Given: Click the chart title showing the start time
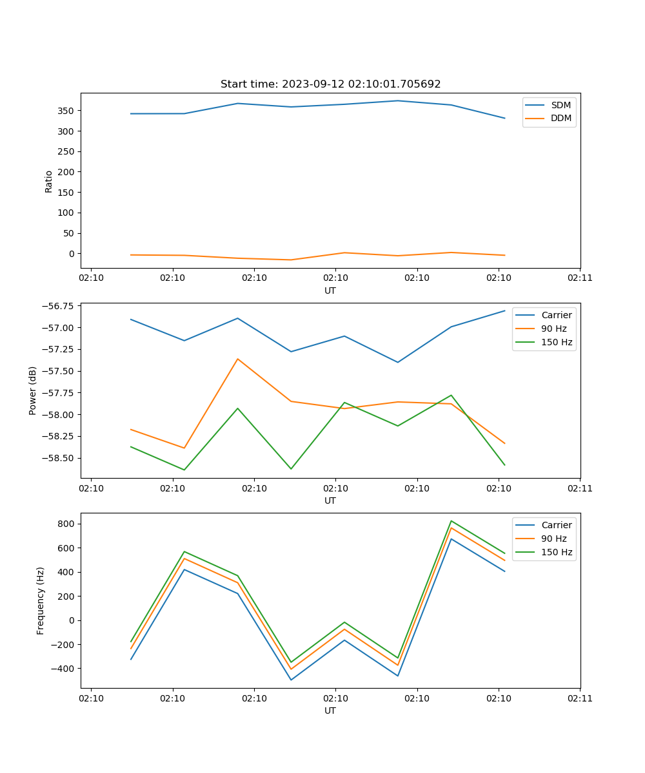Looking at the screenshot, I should (330, 84).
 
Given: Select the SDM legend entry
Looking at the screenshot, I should (561, 105).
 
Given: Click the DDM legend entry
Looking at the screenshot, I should (561, 119).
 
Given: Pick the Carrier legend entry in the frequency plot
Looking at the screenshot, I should (556, 525).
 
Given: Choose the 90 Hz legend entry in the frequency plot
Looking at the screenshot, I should (553, 539).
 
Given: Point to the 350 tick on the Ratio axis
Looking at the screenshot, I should (66, 111).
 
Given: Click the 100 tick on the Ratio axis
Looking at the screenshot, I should (66, 213).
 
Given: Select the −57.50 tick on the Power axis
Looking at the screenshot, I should (56, 371).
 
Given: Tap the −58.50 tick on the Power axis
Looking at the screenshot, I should (56, 458).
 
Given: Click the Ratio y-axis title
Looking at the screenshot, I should (49, 181).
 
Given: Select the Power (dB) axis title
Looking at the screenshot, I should (33, 390).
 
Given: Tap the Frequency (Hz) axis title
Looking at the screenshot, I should (41, 600).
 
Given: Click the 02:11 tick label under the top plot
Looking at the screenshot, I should (580, 278).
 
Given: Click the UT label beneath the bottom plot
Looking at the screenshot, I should (330, 711).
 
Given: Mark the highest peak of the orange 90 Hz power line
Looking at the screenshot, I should (237, 359).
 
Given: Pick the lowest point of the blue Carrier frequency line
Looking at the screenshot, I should (291, 680).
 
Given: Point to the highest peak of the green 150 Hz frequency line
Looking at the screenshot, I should (451, 520).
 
